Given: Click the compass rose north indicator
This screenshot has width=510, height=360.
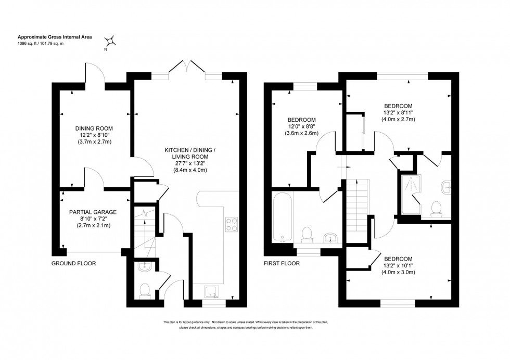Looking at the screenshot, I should [x=110, y=41].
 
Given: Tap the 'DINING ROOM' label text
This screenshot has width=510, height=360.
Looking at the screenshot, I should [x=94, y=128].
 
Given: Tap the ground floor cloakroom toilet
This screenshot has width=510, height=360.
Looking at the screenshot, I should [x=144, y=289].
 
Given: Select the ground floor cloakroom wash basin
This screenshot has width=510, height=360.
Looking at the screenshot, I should [x=145, y=267].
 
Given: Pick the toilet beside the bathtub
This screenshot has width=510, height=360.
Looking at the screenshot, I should [x=307, y=234].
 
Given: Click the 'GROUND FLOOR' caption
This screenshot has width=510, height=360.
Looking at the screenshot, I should [x=73, y=263].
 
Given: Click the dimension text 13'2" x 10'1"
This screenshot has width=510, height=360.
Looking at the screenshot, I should [x=398, y=265].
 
